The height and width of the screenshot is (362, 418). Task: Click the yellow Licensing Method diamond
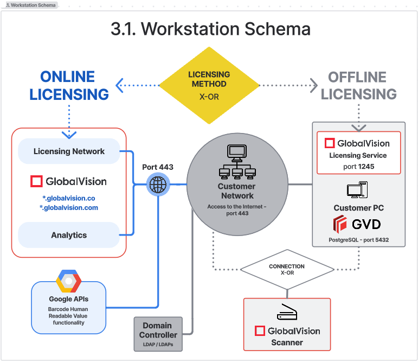point(209,86)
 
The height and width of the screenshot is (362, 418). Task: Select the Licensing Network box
point(69,151)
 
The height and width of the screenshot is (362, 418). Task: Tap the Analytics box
point(69,235)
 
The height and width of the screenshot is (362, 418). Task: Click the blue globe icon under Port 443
point(158,185)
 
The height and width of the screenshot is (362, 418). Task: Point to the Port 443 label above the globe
point(158,167)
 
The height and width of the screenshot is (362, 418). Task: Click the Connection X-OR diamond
point(287,269)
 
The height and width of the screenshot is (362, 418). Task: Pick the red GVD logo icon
point(340,224)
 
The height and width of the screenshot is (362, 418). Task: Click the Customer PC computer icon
point(358,190)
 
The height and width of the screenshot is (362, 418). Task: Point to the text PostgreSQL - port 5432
point(358,239)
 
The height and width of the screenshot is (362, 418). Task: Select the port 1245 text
point(358,167)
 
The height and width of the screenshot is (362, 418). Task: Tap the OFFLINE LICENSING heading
point(358,86)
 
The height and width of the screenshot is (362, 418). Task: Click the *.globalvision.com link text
point(69,207)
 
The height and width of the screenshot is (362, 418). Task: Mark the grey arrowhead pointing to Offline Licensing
point(313,85)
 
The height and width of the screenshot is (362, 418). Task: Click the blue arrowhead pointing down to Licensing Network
point(69,134)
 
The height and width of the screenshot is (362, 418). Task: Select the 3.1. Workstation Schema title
point(210,29)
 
